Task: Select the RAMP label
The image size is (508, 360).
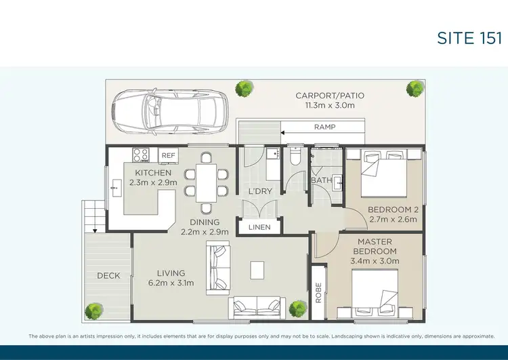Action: click(x=324, y=127)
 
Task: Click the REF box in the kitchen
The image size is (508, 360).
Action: click(x=168, y=156)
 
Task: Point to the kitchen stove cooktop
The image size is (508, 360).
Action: click(x=140, y=155)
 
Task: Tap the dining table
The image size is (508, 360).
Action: click(x=206, y=182)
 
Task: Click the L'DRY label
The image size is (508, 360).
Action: click(x=260, y=191)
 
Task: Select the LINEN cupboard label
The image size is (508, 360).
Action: click(x=259, y=227)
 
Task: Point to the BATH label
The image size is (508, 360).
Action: click(x=321, y=181)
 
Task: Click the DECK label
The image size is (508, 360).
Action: click(x=109, y=275)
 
